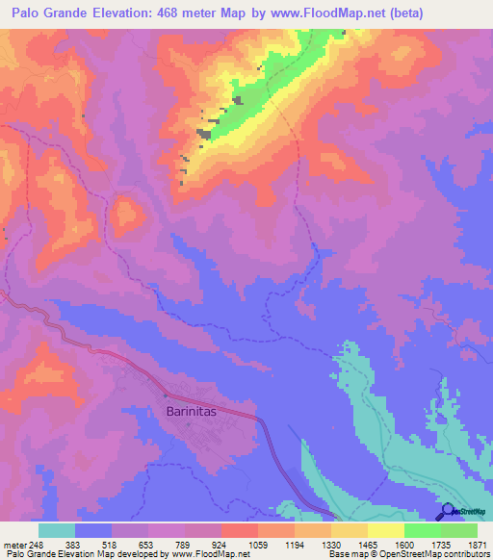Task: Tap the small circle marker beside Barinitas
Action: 166,395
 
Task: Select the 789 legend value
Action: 186,546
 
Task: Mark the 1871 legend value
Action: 479,546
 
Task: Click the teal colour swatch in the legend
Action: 57,530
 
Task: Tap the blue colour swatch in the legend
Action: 93,530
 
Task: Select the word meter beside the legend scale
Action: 15,546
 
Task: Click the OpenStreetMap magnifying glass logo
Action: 446,511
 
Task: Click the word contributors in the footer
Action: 467,555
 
